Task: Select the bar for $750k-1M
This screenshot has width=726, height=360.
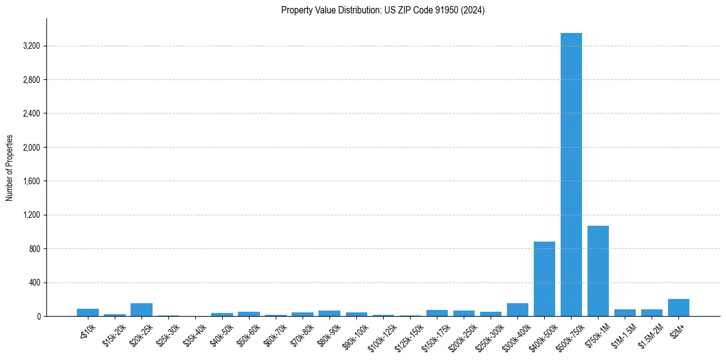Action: pos(598,271)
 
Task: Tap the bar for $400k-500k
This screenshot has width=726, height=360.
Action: pos(544,279)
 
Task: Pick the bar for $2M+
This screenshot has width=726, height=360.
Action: pos(678,308)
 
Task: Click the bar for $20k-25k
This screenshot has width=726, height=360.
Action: pos(142,310)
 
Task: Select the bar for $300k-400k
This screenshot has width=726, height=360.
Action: pos(517,310)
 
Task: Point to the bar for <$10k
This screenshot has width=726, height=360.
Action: pos(88,312)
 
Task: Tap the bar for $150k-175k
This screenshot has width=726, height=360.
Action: pos(437,313)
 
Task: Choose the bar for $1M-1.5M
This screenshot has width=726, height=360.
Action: pos(625,313)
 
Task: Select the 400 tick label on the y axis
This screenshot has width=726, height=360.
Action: pos(34,283)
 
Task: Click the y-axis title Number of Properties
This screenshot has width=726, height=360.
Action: pos(10,167)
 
